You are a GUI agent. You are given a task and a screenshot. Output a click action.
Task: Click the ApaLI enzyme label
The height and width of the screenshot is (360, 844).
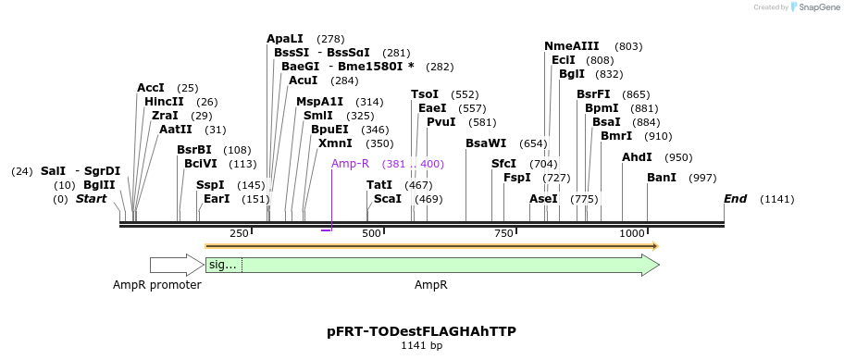click(x=284, y=39)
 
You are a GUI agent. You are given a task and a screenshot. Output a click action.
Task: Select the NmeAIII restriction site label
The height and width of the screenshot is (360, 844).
click(x=572, y=46)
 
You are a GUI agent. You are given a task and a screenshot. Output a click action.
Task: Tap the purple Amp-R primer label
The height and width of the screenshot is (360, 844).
click(x=350, y=164)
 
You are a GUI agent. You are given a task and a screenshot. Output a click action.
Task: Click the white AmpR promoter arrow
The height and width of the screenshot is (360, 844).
click(x=176, y=266)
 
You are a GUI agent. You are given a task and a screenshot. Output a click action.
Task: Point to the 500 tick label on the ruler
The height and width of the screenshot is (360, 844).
click(x=371, y=234)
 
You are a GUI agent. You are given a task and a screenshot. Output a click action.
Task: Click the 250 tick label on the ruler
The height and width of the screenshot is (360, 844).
click(x=239, y=234)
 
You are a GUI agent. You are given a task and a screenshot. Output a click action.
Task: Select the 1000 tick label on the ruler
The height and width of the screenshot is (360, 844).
click(x=633, y=234)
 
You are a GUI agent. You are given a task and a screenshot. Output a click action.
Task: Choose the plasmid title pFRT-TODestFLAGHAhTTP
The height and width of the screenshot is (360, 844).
click(x=421, y=330)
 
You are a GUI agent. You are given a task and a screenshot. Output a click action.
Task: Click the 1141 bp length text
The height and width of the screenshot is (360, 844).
click(x=421, y=345)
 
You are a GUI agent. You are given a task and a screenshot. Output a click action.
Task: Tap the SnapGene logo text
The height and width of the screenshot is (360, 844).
click(x=814, y=7)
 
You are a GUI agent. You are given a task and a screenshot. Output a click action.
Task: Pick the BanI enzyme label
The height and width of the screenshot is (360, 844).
click(x=662, y=178)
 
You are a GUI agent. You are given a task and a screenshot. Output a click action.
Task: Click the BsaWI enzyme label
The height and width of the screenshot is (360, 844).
click(x=486, y=143)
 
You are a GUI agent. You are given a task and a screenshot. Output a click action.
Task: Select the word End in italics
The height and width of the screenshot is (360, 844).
click(x=735, y=199)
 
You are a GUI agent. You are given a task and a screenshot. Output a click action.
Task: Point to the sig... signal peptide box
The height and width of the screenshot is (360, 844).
click(x=223, y=266)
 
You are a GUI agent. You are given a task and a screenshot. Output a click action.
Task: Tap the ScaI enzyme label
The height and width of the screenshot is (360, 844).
click(x=388, y=199)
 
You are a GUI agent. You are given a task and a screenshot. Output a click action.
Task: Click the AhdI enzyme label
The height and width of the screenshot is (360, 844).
click(x=637, y=157)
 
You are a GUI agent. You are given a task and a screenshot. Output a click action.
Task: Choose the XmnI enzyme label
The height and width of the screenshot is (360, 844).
click(x=335, y=143)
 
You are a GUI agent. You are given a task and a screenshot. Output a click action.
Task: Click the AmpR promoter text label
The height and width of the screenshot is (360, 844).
click(x=157, y=285)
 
